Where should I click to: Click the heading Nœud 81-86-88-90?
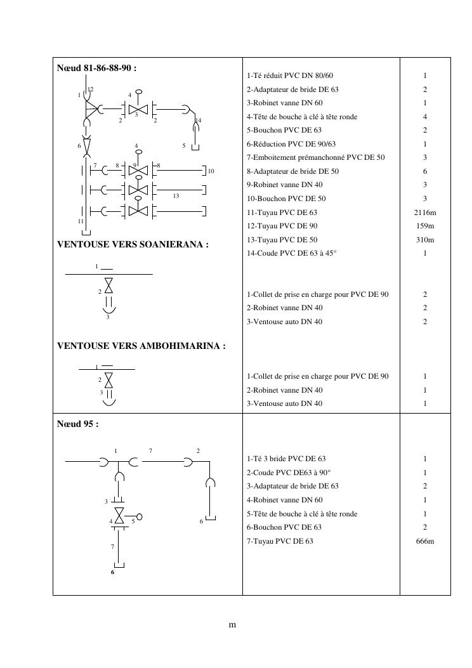coord(97,69)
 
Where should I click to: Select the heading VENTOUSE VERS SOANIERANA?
coord(133,244)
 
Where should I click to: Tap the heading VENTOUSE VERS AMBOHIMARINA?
coord(141,346)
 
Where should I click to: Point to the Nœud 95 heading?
coord(78,424)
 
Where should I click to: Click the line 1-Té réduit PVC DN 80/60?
coord(290,76)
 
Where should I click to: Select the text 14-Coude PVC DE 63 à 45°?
coord(292,253)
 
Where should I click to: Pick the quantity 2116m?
coord(425,213)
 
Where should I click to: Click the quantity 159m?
coord(425,226)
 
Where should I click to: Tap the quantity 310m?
coord(425,240)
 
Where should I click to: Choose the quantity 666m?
coord(425,541)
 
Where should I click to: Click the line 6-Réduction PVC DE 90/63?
coord(291,144)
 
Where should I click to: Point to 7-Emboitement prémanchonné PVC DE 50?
coord(316,157)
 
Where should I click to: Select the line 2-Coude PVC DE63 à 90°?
coord(289,473)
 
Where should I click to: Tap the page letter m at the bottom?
coord(232,625)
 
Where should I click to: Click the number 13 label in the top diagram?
coord(176,196)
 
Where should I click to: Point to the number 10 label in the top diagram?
coord(211,171)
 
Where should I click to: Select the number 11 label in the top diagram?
coord(81,221)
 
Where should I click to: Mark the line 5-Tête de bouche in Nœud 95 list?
coord(302,514)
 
